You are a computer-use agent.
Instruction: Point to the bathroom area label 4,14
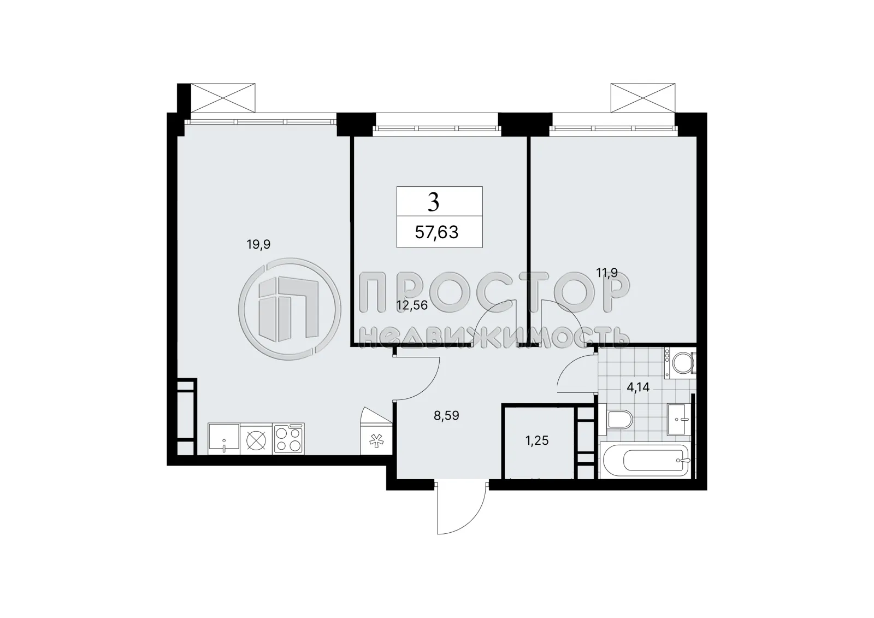pos(639,388)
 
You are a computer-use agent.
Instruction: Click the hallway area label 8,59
pos(446,415)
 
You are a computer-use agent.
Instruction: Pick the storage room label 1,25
pos(537,441)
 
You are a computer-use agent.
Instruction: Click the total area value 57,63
pos(436,232)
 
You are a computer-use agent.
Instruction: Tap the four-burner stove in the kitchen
pos(288,439)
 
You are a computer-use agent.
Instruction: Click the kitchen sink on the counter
pos(224,439)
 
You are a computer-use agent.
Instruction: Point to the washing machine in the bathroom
pos(680,363)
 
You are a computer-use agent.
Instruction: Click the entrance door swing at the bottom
pos(460,508)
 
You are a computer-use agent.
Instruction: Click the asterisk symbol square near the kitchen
pos(376,440)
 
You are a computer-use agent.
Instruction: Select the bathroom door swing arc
pos(575,373)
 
